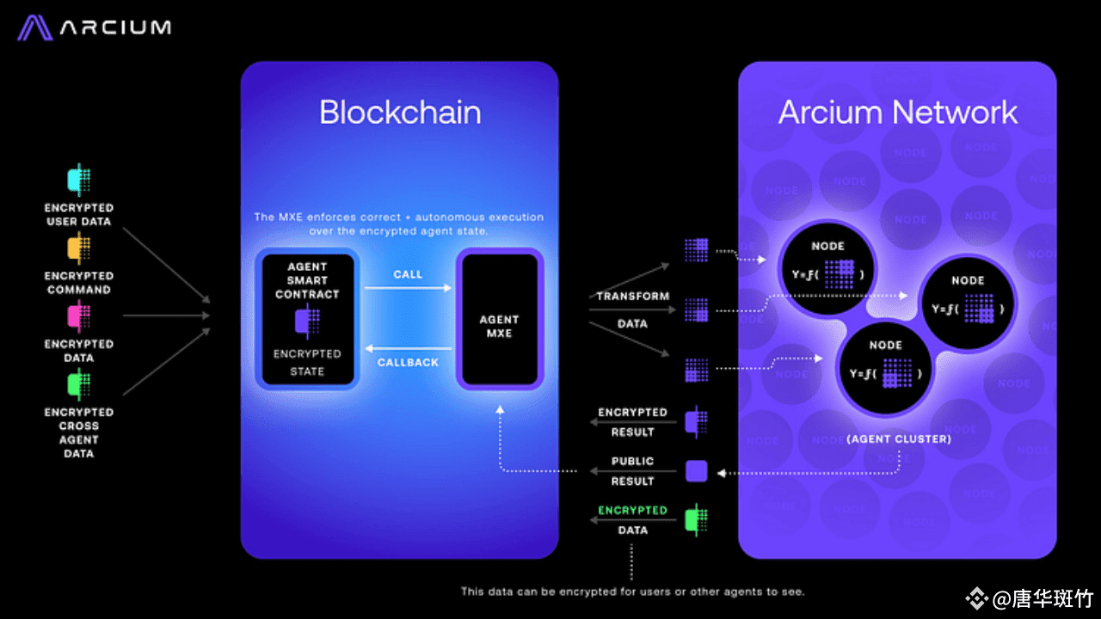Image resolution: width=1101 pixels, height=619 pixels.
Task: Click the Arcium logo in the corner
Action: (95, 28)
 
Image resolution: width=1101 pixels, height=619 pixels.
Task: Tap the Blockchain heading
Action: (400, 113)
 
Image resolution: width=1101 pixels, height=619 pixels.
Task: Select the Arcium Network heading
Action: (898, 113)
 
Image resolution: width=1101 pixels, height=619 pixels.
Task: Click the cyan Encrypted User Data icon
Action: (79, 181)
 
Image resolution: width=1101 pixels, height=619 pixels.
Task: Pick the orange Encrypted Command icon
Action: (79, 249)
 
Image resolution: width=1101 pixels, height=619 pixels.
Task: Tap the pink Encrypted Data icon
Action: (79, 317)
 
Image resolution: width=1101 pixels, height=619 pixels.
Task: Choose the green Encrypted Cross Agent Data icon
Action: (79, 384)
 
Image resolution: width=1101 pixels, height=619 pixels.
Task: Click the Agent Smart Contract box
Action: (308, 319)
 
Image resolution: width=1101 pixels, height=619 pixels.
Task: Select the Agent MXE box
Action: (500, 319)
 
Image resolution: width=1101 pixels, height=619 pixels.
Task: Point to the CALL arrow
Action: (408, 288)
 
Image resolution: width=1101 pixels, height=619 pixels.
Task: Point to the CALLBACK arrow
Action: (408, 348)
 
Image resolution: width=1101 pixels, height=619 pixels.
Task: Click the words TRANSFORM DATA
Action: (633, 309)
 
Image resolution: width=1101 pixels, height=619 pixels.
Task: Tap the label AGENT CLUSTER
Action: (899, 439)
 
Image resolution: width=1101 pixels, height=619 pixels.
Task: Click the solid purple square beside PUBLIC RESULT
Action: (696, 471)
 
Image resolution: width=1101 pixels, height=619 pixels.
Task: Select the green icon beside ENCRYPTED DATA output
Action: (695, 520)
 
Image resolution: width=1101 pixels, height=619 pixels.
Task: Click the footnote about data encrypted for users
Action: (632, 591)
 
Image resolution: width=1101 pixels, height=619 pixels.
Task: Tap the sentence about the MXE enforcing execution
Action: (399, 224)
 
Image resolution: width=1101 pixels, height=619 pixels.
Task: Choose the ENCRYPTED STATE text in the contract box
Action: (307, 363)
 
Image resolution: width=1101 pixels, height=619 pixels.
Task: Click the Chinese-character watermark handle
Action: (1033, 598)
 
